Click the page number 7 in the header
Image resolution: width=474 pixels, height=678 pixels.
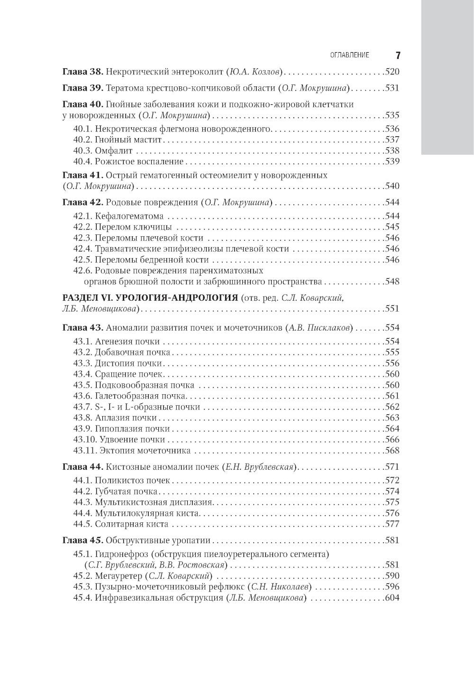click(x=398, y=56)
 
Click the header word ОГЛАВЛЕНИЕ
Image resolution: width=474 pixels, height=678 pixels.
click(x=349, y=56)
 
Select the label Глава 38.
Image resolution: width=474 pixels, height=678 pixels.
click(x=82, y=72)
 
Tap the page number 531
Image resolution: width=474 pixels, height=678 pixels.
click(x=392, y=88)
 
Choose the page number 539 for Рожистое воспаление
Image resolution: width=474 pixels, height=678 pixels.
click(x=392, y=162)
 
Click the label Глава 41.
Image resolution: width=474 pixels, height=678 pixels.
click(x=82, y=175)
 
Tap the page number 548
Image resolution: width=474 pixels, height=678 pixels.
click(x=392, y=281)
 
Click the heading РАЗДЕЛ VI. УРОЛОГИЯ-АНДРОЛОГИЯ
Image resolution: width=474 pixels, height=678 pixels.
click(x=150, y=298)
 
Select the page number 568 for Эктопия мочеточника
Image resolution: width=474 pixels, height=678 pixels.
click(x=392, y=451)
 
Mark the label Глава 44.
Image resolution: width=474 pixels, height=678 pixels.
click(x=82, y=466)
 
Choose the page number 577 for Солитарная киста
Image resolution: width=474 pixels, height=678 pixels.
click(x=392, y=524)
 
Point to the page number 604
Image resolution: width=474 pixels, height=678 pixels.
click(x=392, y=598)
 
